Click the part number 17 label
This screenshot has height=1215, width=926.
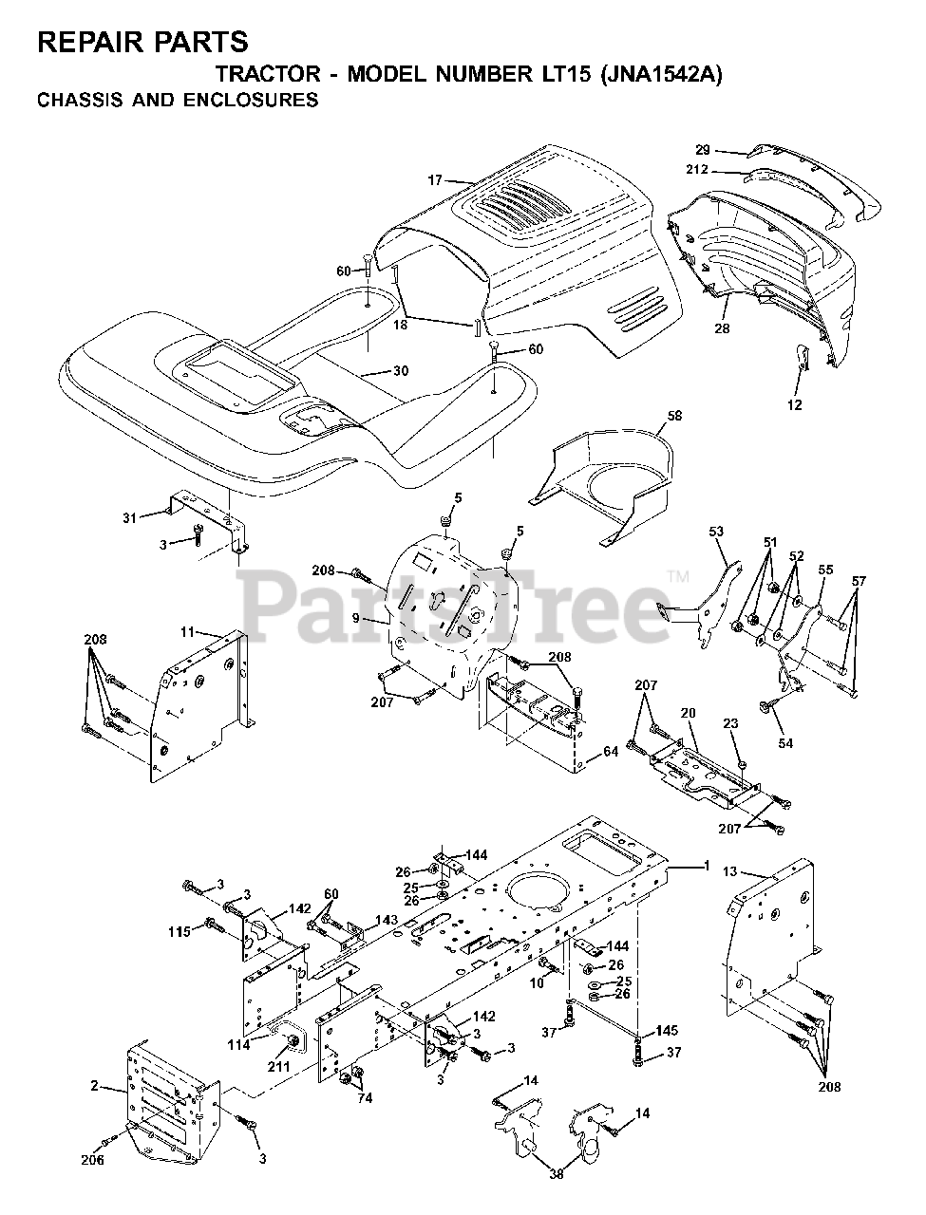tap(435, 179)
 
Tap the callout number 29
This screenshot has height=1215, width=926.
tap(703, 150)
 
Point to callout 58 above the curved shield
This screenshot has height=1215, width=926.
tap(674, 417)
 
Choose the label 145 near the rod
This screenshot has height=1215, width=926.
tap(667, 1032)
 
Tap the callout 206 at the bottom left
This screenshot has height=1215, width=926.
tap(92, 1160)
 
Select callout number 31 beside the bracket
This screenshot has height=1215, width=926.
tap(130, 517)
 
